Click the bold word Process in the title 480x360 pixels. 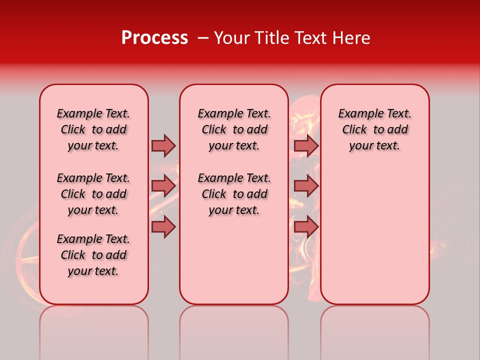tap(154, 38)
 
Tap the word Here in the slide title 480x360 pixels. tap(352, 38)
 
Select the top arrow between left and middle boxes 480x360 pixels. tap(163, 145)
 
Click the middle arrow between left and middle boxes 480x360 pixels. tap(163, 185)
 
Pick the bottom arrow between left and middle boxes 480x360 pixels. tap(163, 226)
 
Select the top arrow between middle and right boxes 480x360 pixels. tap(306, 145)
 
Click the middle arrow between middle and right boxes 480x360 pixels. tap(306, 185)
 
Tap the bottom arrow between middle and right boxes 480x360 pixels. tap(306, 226)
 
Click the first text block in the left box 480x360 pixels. tap(93, 129)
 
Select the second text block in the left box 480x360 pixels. tap(93, 194)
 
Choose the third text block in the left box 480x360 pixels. tap(93, 255)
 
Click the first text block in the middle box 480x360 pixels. tap(234, 129)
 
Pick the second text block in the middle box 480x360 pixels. tap(234, 194)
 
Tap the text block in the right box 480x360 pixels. tap(374, 129)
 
